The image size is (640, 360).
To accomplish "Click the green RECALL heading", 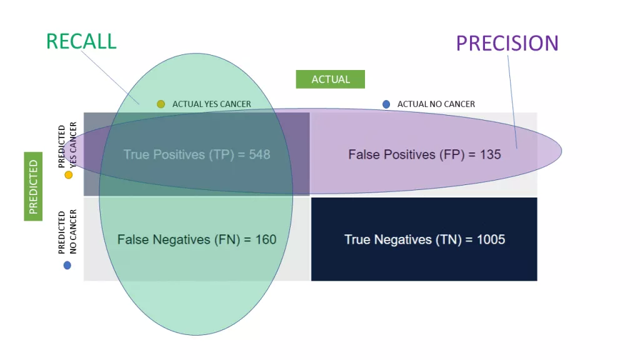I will pos(81,41).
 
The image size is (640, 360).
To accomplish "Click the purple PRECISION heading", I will pos(507,43).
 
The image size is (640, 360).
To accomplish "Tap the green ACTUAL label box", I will pos(330,79).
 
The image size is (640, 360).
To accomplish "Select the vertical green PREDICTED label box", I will pos(33,187).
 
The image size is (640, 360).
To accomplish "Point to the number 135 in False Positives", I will pos(490,154).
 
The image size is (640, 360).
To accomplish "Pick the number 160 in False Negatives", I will pos(265,239).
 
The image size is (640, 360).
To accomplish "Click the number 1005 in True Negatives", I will pos(489,239).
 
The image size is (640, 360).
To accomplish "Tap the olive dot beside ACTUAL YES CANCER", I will pos(161,104).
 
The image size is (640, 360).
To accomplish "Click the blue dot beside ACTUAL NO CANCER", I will pos(386,104).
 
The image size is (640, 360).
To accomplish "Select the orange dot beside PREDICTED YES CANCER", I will pos(68,175).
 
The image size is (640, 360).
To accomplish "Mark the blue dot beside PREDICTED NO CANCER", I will pos(67,265).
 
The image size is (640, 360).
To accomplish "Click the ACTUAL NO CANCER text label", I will pos(436,104).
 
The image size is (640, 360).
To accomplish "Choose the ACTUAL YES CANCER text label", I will pos(211,104).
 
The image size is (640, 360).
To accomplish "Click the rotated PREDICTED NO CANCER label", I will pos(67,232).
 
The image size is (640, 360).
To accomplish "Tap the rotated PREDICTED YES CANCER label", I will pos(67,145).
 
